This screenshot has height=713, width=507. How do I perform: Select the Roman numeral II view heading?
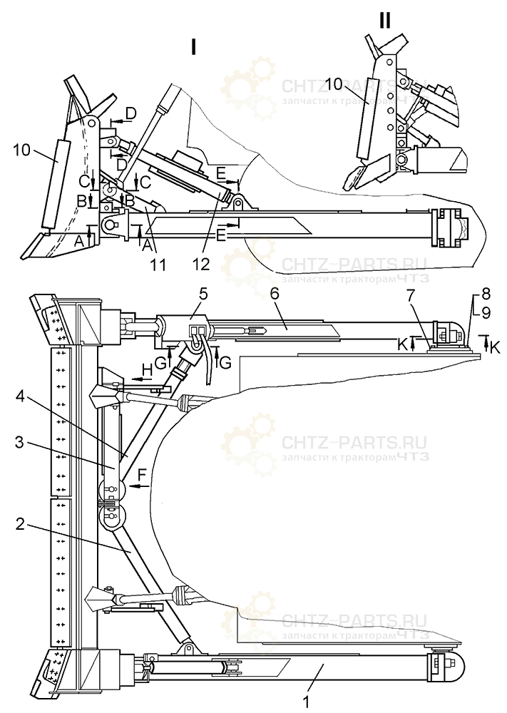(x=385, y=20)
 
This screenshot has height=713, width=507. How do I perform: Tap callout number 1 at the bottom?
(x=306, y=702)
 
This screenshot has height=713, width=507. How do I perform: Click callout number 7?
(x=430, y=294)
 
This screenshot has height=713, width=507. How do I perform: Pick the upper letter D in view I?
(x=130, y=113)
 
